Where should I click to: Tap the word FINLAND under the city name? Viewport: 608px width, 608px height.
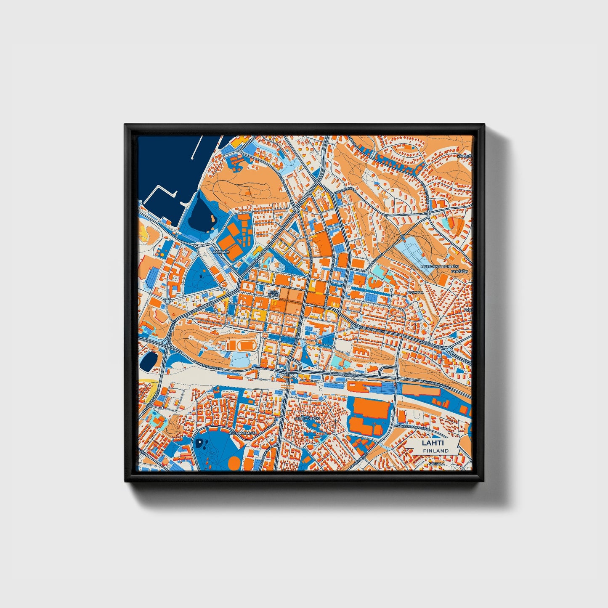(x=436, y=451)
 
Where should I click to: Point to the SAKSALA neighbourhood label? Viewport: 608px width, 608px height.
(x=436, y=464)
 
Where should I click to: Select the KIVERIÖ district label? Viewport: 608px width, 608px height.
(x=465, y=156)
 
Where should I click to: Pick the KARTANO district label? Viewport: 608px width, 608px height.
(x=221, y=252)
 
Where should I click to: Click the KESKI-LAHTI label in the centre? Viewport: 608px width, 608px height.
(x=273, y=293)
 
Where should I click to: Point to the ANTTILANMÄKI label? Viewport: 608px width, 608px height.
(x=308, y=419)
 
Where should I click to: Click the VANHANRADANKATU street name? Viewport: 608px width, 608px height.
(x=413, y=427)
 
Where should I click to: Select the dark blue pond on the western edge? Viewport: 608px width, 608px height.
(x=149, y=361)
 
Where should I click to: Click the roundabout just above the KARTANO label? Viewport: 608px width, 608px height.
(x=196, y=246)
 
